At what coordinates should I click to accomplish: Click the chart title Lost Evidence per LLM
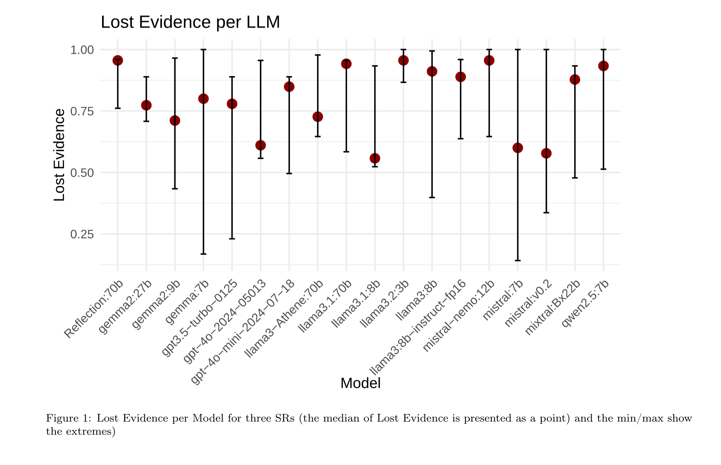tap(190, 22)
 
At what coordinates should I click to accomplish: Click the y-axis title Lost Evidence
tap(59, 155)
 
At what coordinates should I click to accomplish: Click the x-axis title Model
tap(360, 383)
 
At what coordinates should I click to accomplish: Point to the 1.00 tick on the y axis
tap(82, 50)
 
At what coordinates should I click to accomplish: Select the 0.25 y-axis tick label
tap(82, 234)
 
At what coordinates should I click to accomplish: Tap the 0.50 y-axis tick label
tap(82, 173)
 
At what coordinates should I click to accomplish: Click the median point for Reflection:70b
tap(118, 61)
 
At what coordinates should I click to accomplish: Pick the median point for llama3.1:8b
tap(375, 158)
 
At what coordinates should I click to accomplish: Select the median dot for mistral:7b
tap(518, 148)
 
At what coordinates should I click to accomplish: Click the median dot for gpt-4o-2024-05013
tap(261, 145)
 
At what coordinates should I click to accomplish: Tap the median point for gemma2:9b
tap(175, 121)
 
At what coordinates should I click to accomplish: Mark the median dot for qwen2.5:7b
tap(603, 66)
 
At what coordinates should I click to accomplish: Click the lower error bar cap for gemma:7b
tap(203, 254)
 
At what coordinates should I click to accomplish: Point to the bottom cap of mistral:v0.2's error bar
tap(546, 213)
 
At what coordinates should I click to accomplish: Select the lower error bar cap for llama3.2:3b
tap(403, 82)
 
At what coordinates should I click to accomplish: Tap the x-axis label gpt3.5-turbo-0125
tap(200, 318)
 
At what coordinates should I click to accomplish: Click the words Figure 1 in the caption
tap(67, 418)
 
